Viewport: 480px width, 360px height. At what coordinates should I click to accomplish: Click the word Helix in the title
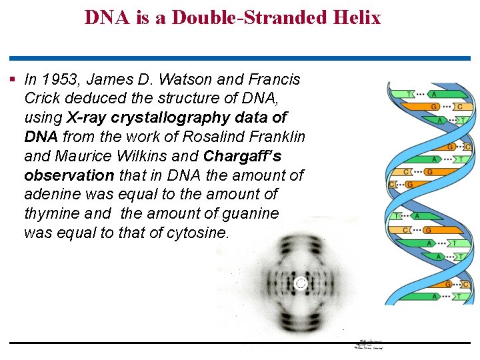click(x=358, y=17)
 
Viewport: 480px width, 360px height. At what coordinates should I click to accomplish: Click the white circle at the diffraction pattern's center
click(x=301, y=283)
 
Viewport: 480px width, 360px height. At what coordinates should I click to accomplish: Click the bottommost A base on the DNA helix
click(x=434, y=296)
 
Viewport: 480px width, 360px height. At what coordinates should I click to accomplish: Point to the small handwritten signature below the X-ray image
click(x=369, y=343)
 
